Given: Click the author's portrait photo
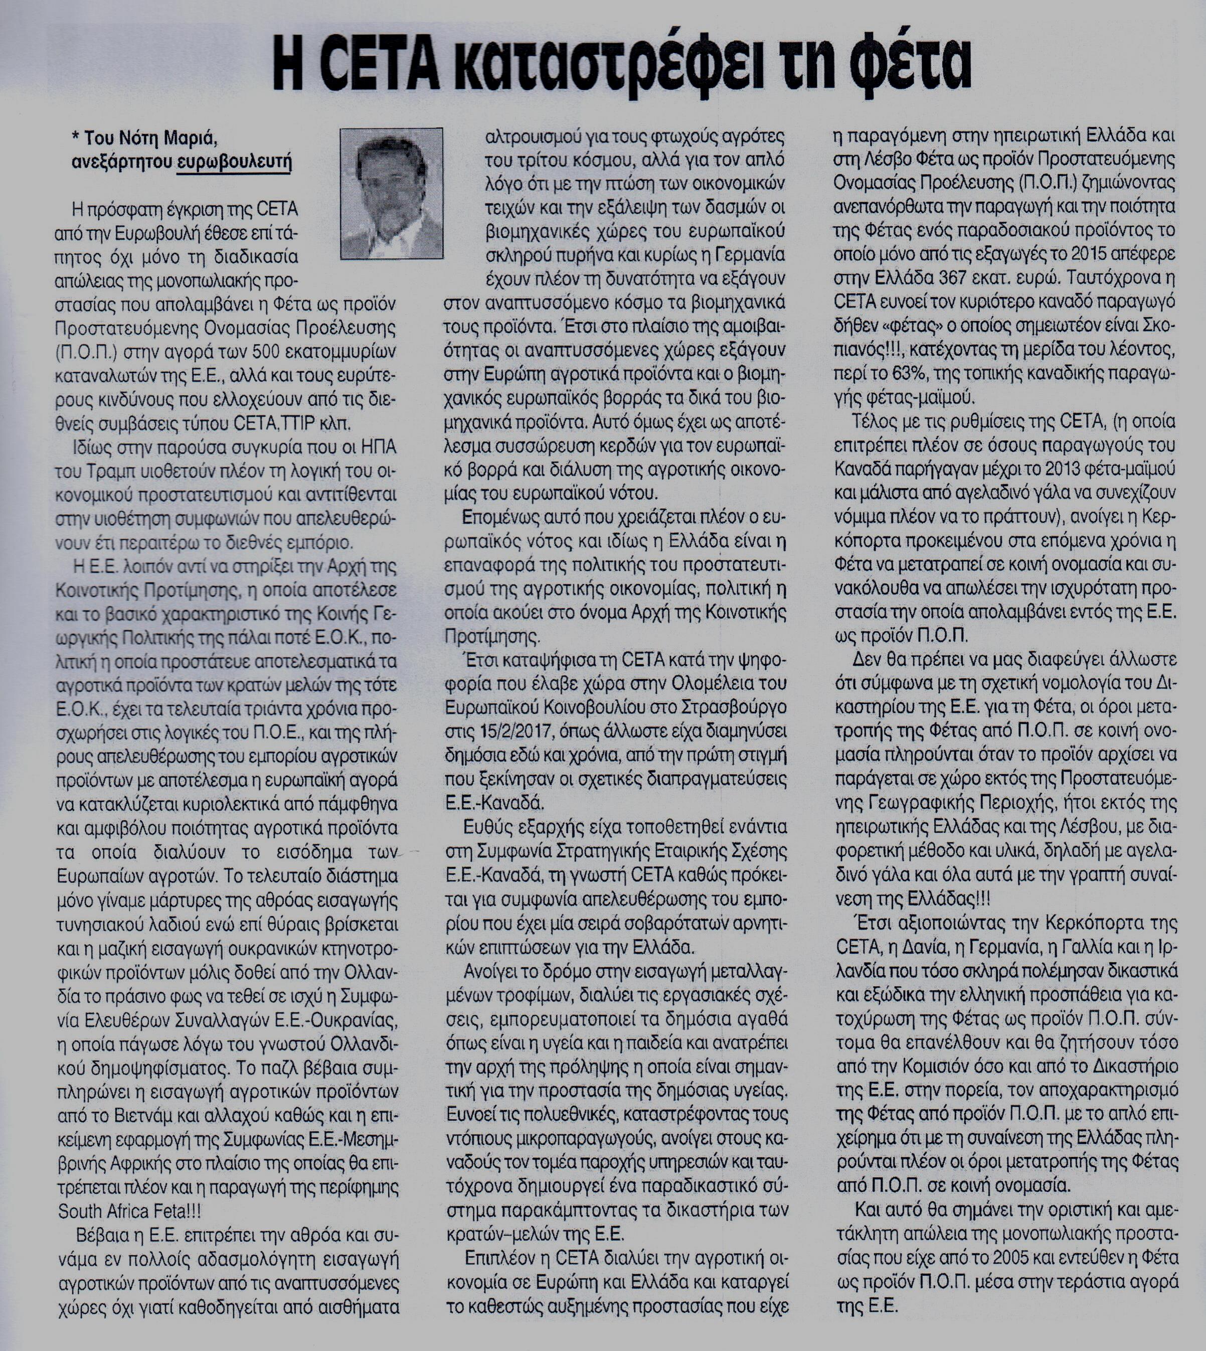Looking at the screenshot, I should pyautogui.click(x=391, y=193).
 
